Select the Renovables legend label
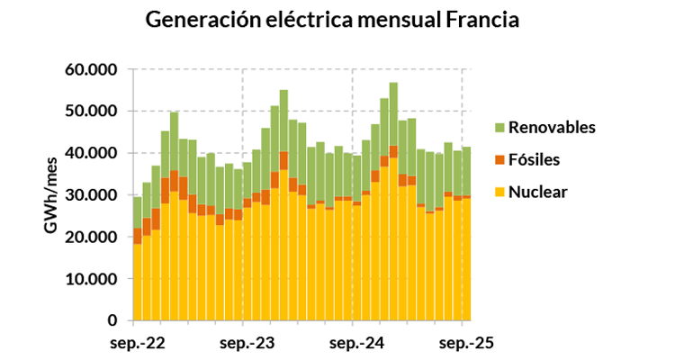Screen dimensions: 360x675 (x=552, y=128)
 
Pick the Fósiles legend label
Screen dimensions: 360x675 (x=535, y=159)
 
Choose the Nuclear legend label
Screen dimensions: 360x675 (x=537, y=191)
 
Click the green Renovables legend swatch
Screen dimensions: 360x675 (x=499, y=128)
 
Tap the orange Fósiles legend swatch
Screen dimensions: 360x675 (x=499, y=159)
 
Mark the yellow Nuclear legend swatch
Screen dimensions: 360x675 (x=499, y=191)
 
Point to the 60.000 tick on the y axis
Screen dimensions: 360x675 (x=92, y=69)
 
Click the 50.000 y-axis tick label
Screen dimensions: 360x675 (x=92, y=112)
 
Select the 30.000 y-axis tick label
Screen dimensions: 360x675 (x=92, y=195)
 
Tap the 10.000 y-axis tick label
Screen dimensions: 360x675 (x=92, y=279)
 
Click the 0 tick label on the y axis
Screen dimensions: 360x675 (x=112, y=320)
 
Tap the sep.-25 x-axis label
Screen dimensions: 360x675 (x=464, y=343)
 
